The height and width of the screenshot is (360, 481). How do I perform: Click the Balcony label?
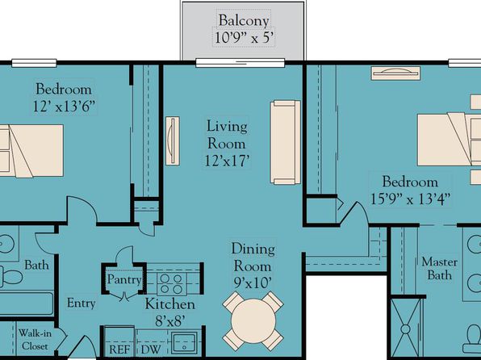(x=244, y=20)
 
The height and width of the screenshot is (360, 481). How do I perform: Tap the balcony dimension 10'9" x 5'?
(x=244, y=38)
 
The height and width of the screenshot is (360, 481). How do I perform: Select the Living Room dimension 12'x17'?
(x=228, y=161)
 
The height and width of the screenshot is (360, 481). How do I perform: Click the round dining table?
(x=253, y=321)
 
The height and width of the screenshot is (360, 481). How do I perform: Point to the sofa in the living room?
(x=285, y=142)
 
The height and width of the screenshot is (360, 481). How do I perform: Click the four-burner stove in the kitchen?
(x=171, y=283)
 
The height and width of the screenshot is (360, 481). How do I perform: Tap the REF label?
(x=119, y=350)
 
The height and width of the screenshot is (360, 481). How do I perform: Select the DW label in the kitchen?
(x=151, y=350)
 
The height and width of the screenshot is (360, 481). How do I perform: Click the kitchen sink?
(x=184, y=343)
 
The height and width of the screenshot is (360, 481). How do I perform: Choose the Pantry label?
(x=124, y=279)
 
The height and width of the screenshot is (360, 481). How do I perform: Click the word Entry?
(x=82, y=303)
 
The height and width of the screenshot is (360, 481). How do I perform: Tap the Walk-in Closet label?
(x=35, y=340)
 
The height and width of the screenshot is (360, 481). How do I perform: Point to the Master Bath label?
(x=439, y=269)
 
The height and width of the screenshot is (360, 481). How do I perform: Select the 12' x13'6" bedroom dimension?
(x=64, y=107)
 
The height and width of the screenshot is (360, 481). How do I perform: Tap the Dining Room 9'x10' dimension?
(x=253, y=283)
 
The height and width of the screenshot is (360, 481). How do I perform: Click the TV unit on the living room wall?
(x=173, y=141)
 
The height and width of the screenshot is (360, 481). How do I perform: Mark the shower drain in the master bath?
(x=405, y=329)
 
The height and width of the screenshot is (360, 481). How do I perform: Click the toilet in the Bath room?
(x=11, y=277)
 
